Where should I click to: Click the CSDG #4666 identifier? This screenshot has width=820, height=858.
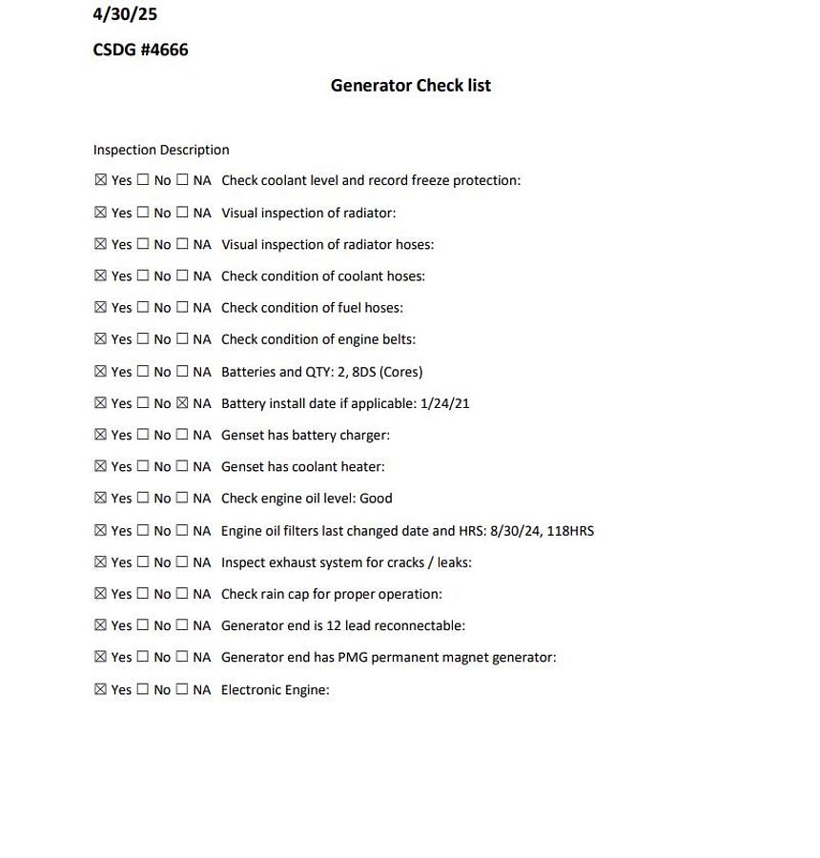click(140, 50)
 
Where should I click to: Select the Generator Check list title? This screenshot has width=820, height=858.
click(410, 85)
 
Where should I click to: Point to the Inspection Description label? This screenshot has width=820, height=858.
click(161, 150)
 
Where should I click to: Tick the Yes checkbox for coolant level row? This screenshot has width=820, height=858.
click(101, 179)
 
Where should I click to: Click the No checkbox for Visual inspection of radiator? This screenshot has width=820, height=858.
click(143, 212)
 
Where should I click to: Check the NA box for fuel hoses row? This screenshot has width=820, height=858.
click(182, 307)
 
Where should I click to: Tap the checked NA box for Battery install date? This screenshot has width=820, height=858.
click(182, 402)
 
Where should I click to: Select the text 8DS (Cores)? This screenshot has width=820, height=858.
click(387, 372)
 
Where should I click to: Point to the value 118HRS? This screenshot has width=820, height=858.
click(570, 530)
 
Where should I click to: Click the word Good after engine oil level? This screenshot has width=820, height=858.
click(376, 498)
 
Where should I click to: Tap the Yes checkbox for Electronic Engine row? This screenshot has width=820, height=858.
click(101, 688)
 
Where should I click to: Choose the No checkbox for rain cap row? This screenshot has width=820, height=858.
click(143, 593)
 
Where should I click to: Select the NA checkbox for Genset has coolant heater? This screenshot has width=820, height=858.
click(182, 466)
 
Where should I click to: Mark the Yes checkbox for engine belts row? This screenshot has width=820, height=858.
click(101, 338)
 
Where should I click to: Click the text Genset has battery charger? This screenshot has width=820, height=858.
click(305, 435)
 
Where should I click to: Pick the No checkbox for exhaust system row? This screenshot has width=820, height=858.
click(143, 562)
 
